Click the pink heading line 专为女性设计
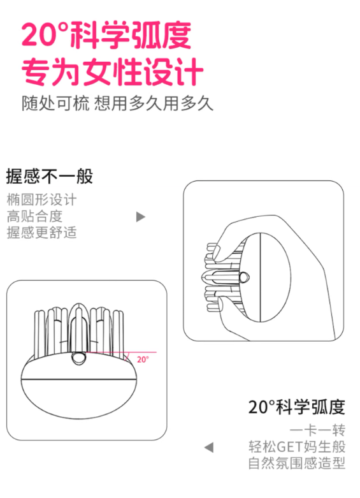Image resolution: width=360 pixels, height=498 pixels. point(112,72)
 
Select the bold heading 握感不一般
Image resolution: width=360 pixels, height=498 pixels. point(50,176)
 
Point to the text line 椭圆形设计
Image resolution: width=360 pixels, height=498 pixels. point(41,200)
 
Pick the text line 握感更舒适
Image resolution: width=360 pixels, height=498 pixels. point(41,233)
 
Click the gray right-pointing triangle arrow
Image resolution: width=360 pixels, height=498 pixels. point(141,217)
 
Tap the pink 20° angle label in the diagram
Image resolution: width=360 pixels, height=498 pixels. point(143,359)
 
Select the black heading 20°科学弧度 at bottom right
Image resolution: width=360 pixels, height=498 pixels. point(296,406)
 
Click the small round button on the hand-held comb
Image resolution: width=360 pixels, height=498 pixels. point(245,277)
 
